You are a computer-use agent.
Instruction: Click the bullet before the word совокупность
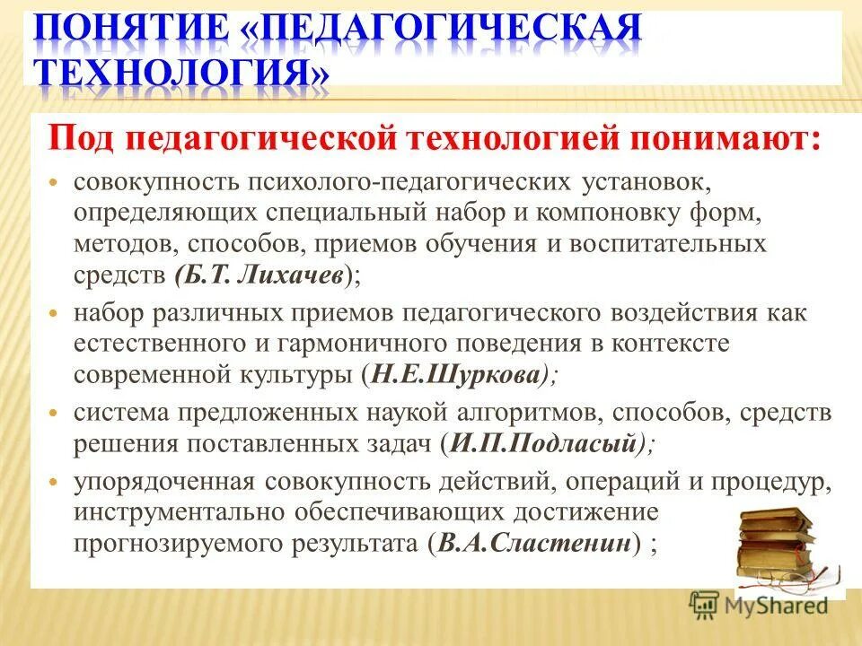(x=53, y=183)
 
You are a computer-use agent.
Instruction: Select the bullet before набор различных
(x=53, y=315)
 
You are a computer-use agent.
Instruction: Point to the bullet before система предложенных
(x=53, y=415)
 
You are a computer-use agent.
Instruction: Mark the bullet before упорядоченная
(x=53, y=482)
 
